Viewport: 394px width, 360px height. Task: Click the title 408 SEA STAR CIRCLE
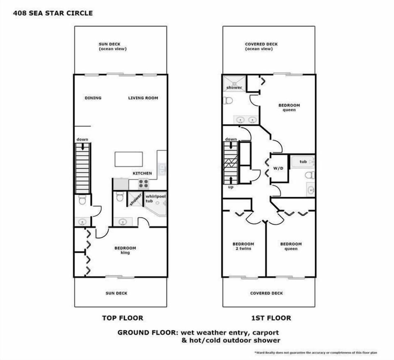53,13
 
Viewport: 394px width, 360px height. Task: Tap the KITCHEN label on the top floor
142,173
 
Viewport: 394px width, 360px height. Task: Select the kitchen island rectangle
128,159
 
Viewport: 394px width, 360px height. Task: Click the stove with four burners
144,184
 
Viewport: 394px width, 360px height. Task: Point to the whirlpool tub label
156,199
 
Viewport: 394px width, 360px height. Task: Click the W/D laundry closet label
278,169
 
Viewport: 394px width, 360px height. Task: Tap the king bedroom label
125,250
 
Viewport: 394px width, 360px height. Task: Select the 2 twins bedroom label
243,246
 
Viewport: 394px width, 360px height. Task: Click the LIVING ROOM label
143,98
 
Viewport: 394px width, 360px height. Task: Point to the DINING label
93,98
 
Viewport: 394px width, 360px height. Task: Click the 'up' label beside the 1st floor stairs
231,187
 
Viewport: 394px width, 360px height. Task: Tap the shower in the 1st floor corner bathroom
234,83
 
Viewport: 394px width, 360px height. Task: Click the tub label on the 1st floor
303,162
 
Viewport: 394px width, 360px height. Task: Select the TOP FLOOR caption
122,318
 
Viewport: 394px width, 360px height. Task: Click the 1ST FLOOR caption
271,318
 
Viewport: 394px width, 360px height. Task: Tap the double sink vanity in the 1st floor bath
246,120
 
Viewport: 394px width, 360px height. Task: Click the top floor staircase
82,168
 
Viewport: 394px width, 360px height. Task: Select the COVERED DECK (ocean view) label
261,46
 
